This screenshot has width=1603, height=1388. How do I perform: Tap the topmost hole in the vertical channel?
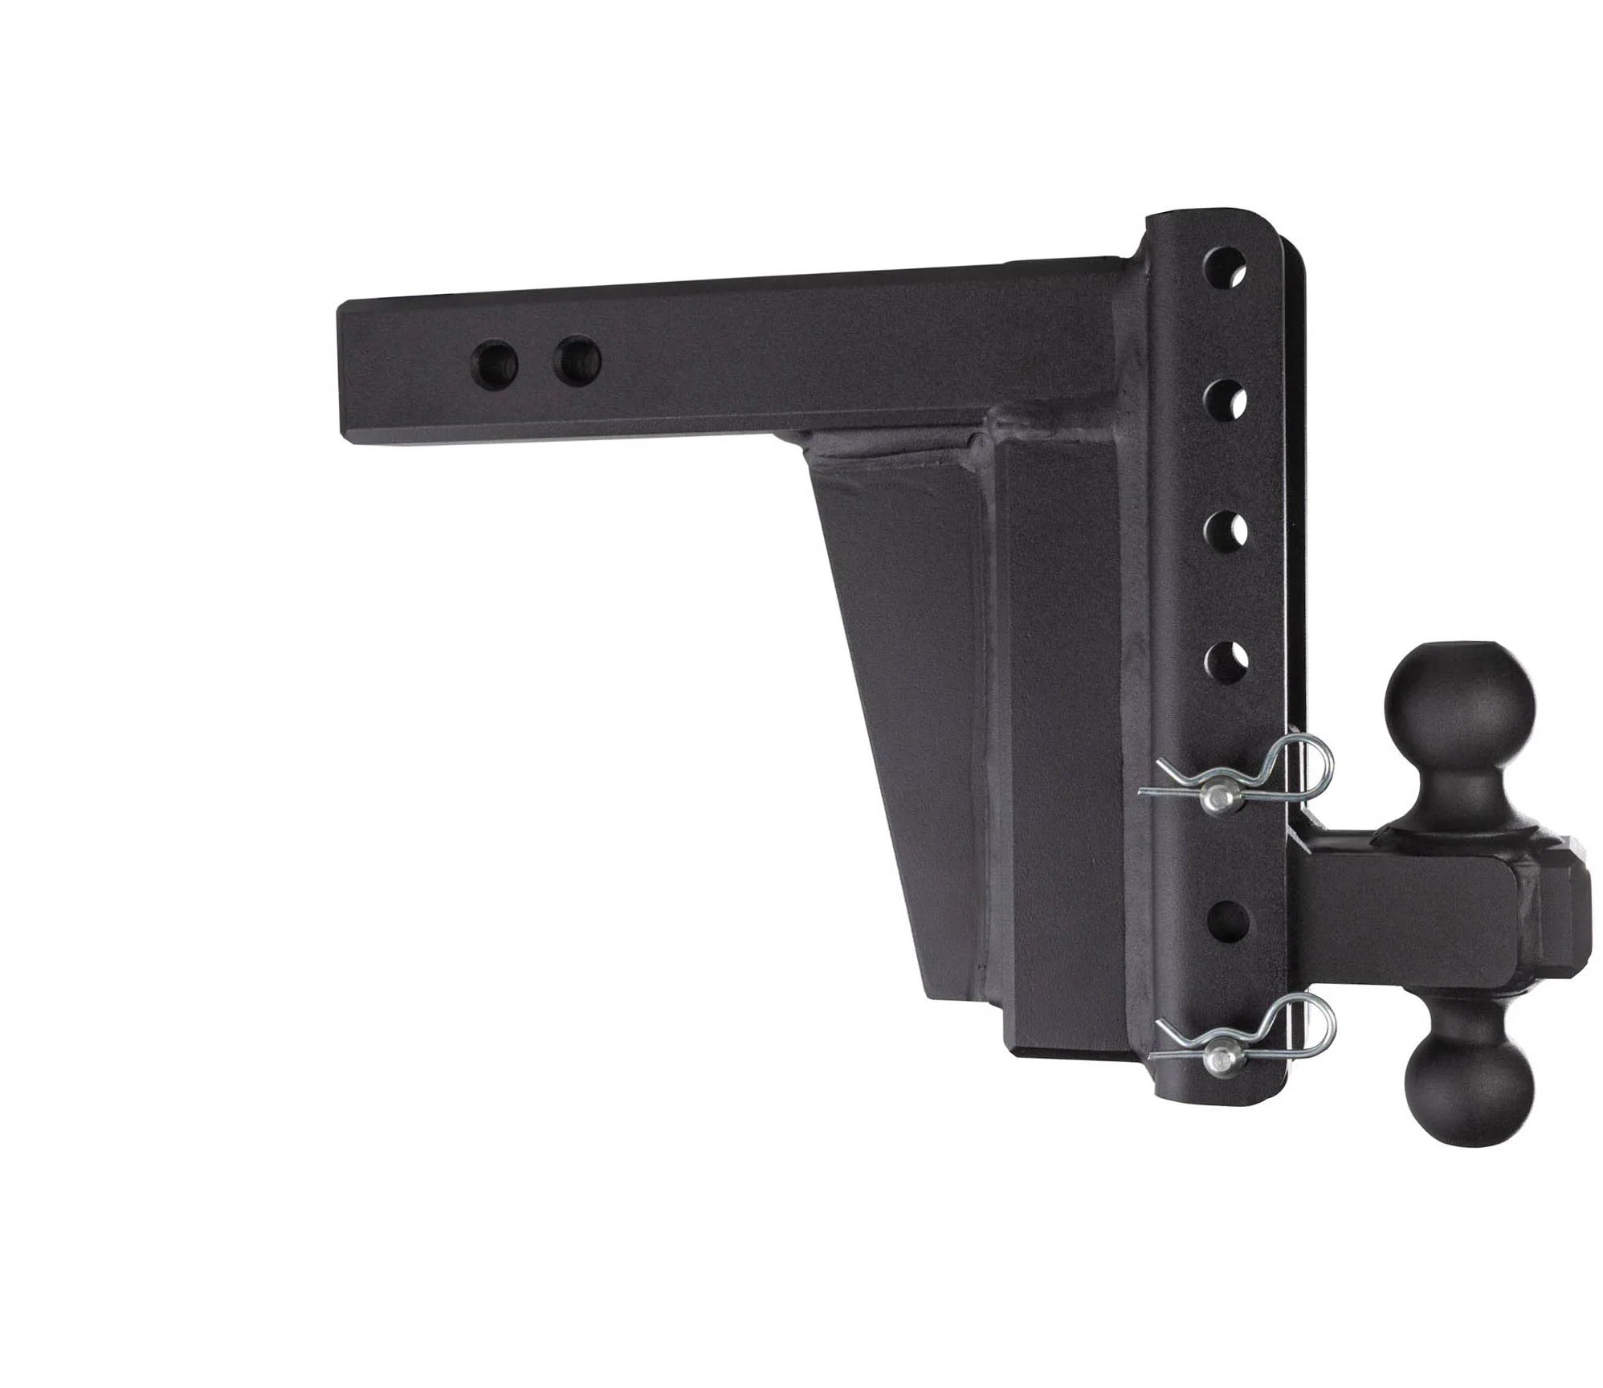coord(1225,266)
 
